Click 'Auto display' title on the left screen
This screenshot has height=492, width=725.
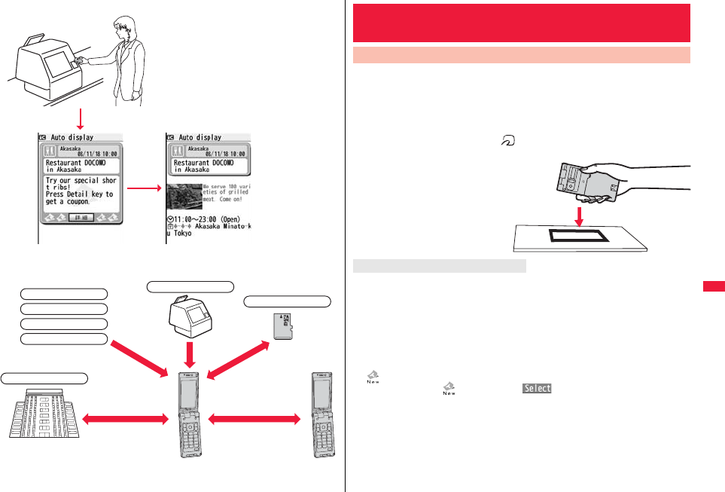click(72, 138)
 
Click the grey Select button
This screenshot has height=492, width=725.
click(534, 389)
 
